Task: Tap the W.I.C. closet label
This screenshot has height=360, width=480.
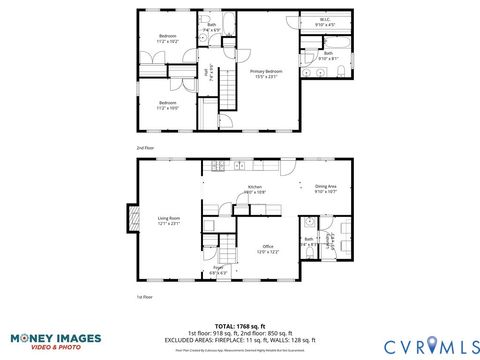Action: coord(325,21)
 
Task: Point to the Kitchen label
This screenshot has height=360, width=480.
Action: coord(255,189)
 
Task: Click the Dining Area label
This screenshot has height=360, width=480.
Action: coord(326,188)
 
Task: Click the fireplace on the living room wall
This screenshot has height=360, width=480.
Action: coord(129,218)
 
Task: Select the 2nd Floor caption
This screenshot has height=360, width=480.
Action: coord(145,147)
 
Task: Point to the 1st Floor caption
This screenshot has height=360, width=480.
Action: coord(145,297)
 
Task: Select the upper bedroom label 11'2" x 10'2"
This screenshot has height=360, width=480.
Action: coord(168,39)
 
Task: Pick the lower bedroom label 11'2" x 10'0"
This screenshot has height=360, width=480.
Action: coord(168,104)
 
